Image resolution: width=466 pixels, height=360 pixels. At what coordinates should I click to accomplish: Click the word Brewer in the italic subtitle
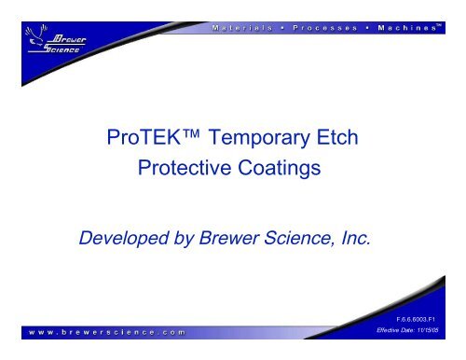tap(243, 244)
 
